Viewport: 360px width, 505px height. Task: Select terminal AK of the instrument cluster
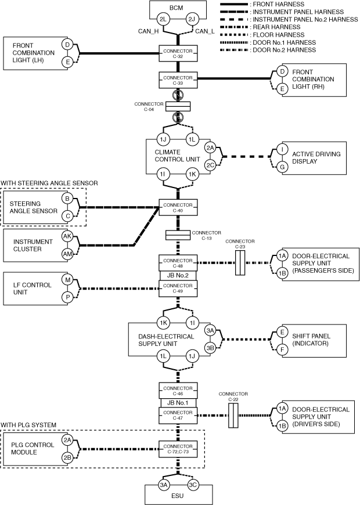point(67,236)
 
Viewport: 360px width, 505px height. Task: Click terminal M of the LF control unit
point(67,280)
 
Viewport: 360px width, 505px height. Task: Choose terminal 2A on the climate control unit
point(210,148)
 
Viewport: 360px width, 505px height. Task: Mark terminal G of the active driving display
point(282,167)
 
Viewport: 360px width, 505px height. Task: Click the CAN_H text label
point(145,31)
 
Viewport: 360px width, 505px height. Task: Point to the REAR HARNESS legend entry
point(275,27)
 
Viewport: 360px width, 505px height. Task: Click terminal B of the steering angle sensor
point(67,199)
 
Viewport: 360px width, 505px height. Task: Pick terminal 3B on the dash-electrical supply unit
point(210,348)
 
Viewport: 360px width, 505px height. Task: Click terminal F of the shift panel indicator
point(282,350)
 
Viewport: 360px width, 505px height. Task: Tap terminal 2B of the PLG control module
point(67,457)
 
